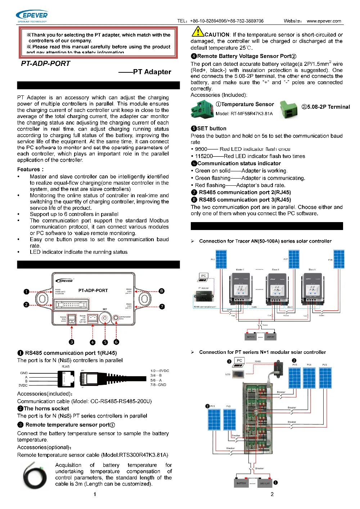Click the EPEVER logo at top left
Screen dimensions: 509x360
point(32,16)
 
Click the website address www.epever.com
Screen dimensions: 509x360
point(324,21)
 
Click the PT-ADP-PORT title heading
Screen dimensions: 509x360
point(46,64)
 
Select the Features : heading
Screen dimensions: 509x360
point(30,169)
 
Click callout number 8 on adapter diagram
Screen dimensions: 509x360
point(162,291)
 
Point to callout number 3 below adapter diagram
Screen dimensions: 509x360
point(72,342)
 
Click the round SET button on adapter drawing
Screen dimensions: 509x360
point(105,319)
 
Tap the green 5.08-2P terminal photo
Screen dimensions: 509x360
point(289,110)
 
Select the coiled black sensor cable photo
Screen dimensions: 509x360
point(35,476)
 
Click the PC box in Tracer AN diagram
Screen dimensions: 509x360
point(203,277)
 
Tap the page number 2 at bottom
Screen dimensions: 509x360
point(272,494)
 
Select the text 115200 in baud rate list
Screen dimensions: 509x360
point(204,156)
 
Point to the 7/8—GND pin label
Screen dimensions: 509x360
point(158,385)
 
